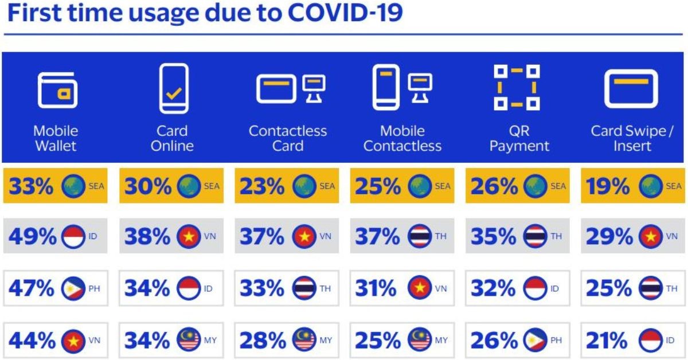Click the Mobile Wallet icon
pos(56,91)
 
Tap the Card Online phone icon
pos(173,89)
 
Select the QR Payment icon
pos(517,88)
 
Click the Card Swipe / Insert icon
pos(631,89)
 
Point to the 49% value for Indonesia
pos(32,236)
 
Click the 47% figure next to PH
pos(32,288)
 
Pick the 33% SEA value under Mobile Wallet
pos(32,186)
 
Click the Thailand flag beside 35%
pos(535,236)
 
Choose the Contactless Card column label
pos(287,138)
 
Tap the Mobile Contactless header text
pos(402,138)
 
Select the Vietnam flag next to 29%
pos(651,236)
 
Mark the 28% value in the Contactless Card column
pos(263,341)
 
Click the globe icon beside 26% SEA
pos(535,186)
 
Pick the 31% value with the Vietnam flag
pos(376,288)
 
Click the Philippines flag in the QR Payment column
pos(535,341)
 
